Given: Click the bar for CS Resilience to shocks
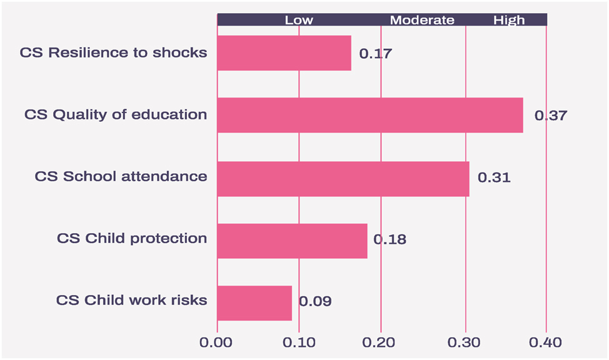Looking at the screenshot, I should tap(284, 53).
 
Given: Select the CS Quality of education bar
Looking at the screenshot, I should tap(370, 115).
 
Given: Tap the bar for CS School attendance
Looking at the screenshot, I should tap(343, 179).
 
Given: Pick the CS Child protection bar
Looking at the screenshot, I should tap(292, 241).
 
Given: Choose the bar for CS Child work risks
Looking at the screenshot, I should tap(254, 303).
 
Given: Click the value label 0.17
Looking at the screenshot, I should tap(375, 54).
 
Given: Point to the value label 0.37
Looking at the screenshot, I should tap(550, 116).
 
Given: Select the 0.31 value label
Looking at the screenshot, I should tap(494, 178).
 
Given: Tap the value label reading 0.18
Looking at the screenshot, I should tap(390, 240).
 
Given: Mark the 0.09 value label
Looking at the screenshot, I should tap(315, 302).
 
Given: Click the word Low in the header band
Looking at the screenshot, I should tap(299, 20).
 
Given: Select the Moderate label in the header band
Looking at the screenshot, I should tap(422, 20).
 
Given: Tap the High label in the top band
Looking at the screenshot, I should tap(509, 20).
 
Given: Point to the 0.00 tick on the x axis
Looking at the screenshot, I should tap(217, 342).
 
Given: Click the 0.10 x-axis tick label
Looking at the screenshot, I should tap(299, 342).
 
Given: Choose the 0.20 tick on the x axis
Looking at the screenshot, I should tap(381, 342).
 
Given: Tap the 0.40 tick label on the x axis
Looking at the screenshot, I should tap(546, 342).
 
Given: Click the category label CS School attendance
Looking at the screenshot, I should tap(121, 176).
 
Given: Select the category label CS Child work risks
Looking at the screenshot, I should tap(131, 300).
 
